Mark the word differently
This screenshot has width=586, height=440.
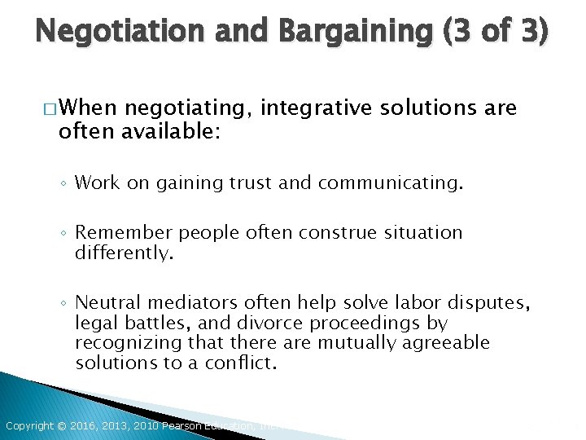[124, 253]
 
